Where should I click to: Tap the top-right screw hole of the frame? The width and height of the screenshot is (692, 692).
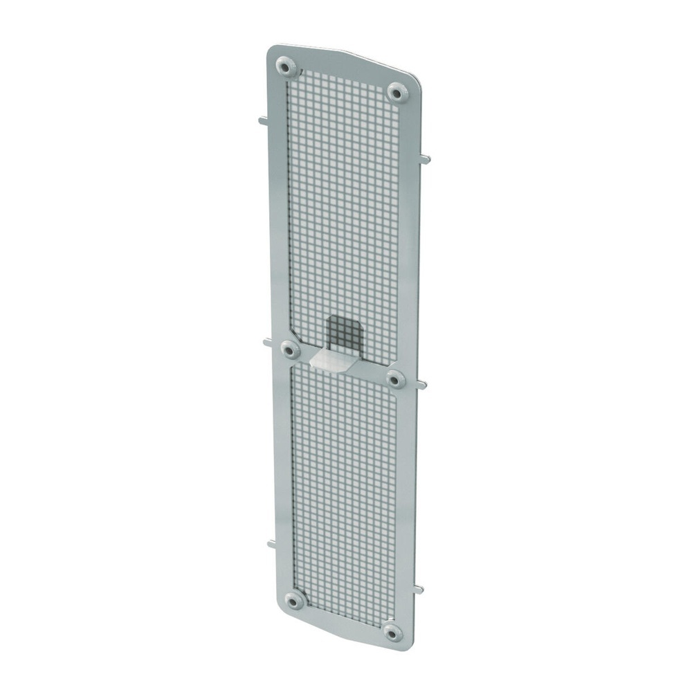[x=395, y=91]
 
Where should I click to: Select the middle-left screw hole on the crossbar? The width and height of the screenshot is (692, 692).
[x=291, y=350]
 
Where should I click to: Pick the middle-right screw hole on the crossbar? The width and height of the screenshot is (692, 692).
[x=395, y=379]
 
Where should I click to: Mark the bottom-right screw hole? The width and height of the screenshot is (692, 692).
[x=393, y=632]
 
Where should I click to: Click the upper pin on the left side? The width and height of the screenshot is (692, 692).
[x=263, y=120]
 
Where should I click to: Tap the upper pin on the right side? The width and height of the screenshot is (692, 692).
[x=425, y=160]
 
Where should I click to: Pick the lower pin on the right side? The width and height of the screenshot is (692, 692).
[x=419, y=590]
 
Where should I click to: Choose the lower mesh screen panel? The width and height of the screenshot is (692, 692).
[x=345, y=491]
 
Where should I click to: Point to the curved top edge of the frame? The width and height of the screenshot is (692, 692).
[x=346, y=55]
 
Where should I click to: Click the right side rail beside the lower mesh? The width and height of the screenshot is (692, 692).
[x=408, y=498]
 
